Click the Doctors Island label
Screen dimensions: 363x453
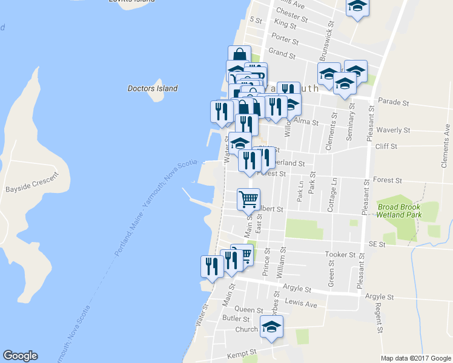coord(153,88)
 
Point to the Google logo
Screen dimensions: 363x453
coord(20,356)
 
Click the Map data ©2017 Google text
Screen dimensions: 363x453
coord(415,358)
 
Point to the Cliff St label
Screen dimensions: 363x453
coord(385,146)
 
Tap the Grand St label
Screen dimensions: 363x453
coord(282,54)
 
